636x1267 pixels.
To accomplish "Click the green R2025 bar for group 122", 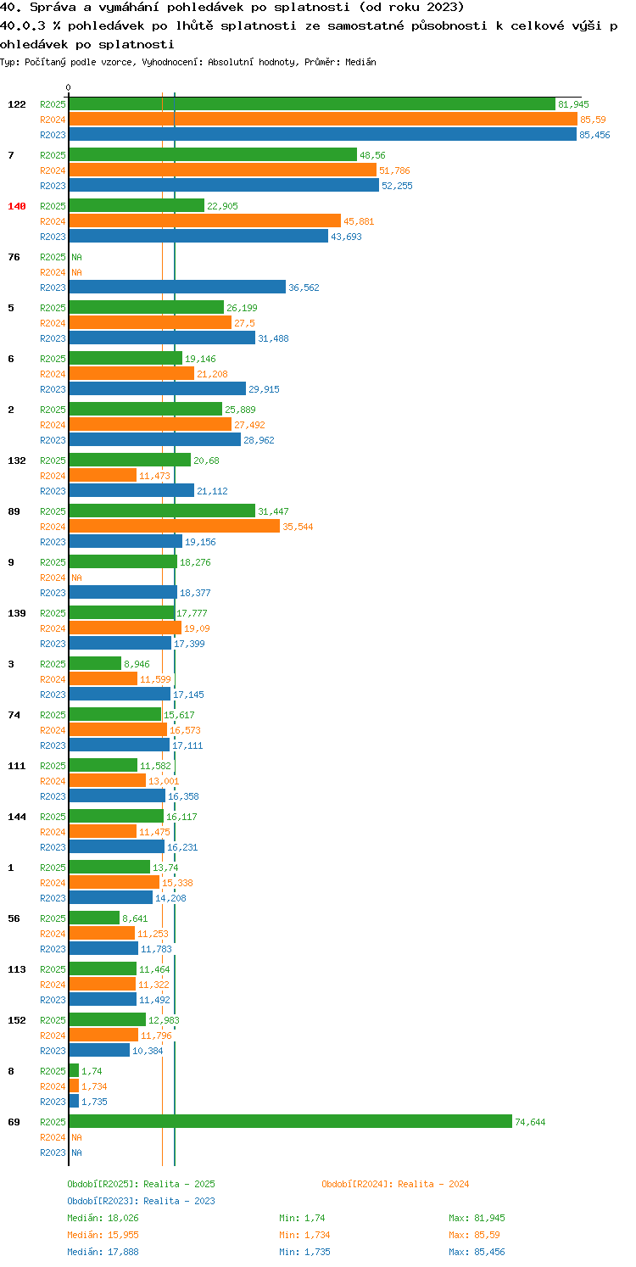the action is point(312,104).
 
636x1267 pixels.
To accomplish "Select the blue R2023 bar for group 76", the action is point(177,287).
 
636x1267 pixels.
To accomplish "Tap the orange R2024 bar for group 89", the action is point(175,527).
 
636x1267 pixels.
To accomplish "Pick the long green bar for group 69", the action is point(290,1122).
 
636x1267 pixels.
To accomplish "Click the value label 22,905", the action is point(222,206).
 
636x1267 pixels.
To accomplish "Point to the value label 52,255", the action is point(397,186).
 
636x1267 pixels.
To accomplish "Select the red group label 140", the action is point(17,206).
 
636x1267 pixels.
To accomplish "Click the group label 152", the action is point(17,1020).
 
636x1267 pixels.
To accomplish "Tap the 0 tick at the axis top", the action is point(68,87).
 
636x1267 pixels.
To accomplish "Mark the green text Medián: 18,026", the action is point(103,1218).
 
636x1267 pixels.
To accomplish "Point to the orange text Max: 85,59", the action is point(474,1235).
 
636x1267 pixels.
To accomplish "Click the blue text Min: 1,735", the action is point(304,1252).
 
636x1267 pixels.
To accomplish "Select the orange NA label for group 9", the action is point(76,578).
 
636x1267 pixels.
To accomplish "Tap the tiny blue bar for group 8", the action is point(74,1102).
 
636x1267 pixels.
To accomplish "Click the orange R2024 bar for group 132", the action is point(103,476).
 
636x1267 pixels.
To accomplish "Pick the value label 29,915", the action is point(265,389).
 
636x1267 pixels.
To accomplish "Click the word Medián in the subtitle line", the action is point(360,62).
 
